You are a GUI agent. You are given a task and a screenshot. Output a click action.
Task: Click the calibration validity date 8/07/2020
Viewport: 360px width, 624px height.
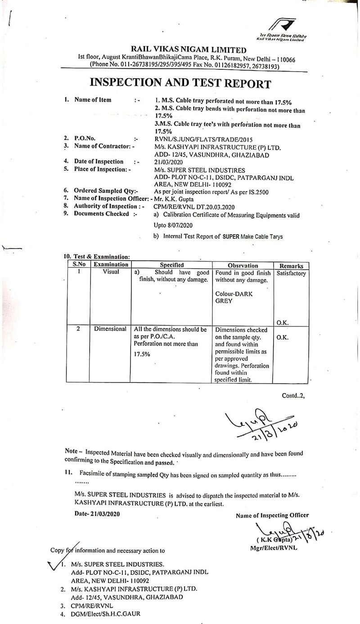coord(179,224)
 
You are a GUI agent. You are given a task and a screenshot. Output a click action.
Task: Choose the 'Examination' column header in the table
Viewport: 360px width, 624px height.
coord(111,265)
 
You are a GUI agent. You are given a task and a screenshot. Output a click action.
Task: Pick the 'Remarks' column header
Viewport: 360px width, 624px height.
coord(291,266)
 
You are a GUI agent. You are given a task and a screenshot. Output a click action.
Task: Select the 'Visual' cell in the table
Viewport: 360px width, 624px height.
coord(111,272)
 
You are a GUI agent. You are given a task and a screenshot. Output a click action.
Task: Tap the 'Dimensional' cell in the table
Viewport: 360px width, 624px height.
coord(111,329)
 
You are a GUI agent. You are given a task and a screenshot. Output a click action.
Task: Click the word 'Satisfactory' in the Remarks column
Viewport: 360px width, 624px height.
coord(291,273)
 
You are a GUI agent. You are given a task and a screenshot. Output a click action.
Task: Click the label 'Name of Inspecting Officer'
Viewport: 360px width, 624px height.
coord(272,515)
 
